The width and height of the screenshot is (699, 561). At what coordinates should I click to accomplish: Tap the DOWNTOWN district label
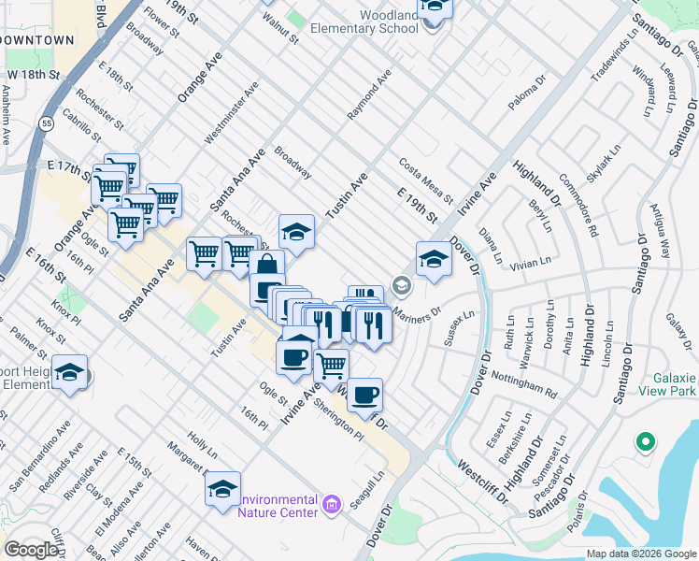click(38, 41)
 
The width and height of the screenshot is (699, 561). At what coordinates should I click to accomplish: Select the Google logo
click(31, 550)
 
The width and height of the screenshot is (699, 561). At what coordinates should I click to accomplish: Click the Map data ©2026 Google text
click(641, 554)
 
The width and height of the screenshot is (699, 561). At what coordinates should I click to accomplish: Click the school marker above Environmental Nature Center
click(222, 489)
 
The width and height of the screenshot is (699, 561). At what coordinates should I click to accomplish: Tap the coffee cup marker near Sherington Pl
click(364, 395)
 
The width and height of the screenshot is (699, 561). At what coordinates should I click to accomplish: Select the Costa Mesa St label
click(425, 181)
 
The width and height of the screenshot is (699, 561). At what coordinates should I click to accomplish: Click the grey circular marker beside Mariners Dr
click(402, 284)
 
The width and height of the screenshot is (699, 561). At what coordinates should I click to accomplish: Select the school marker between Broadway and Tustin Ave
click(296, 231)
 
